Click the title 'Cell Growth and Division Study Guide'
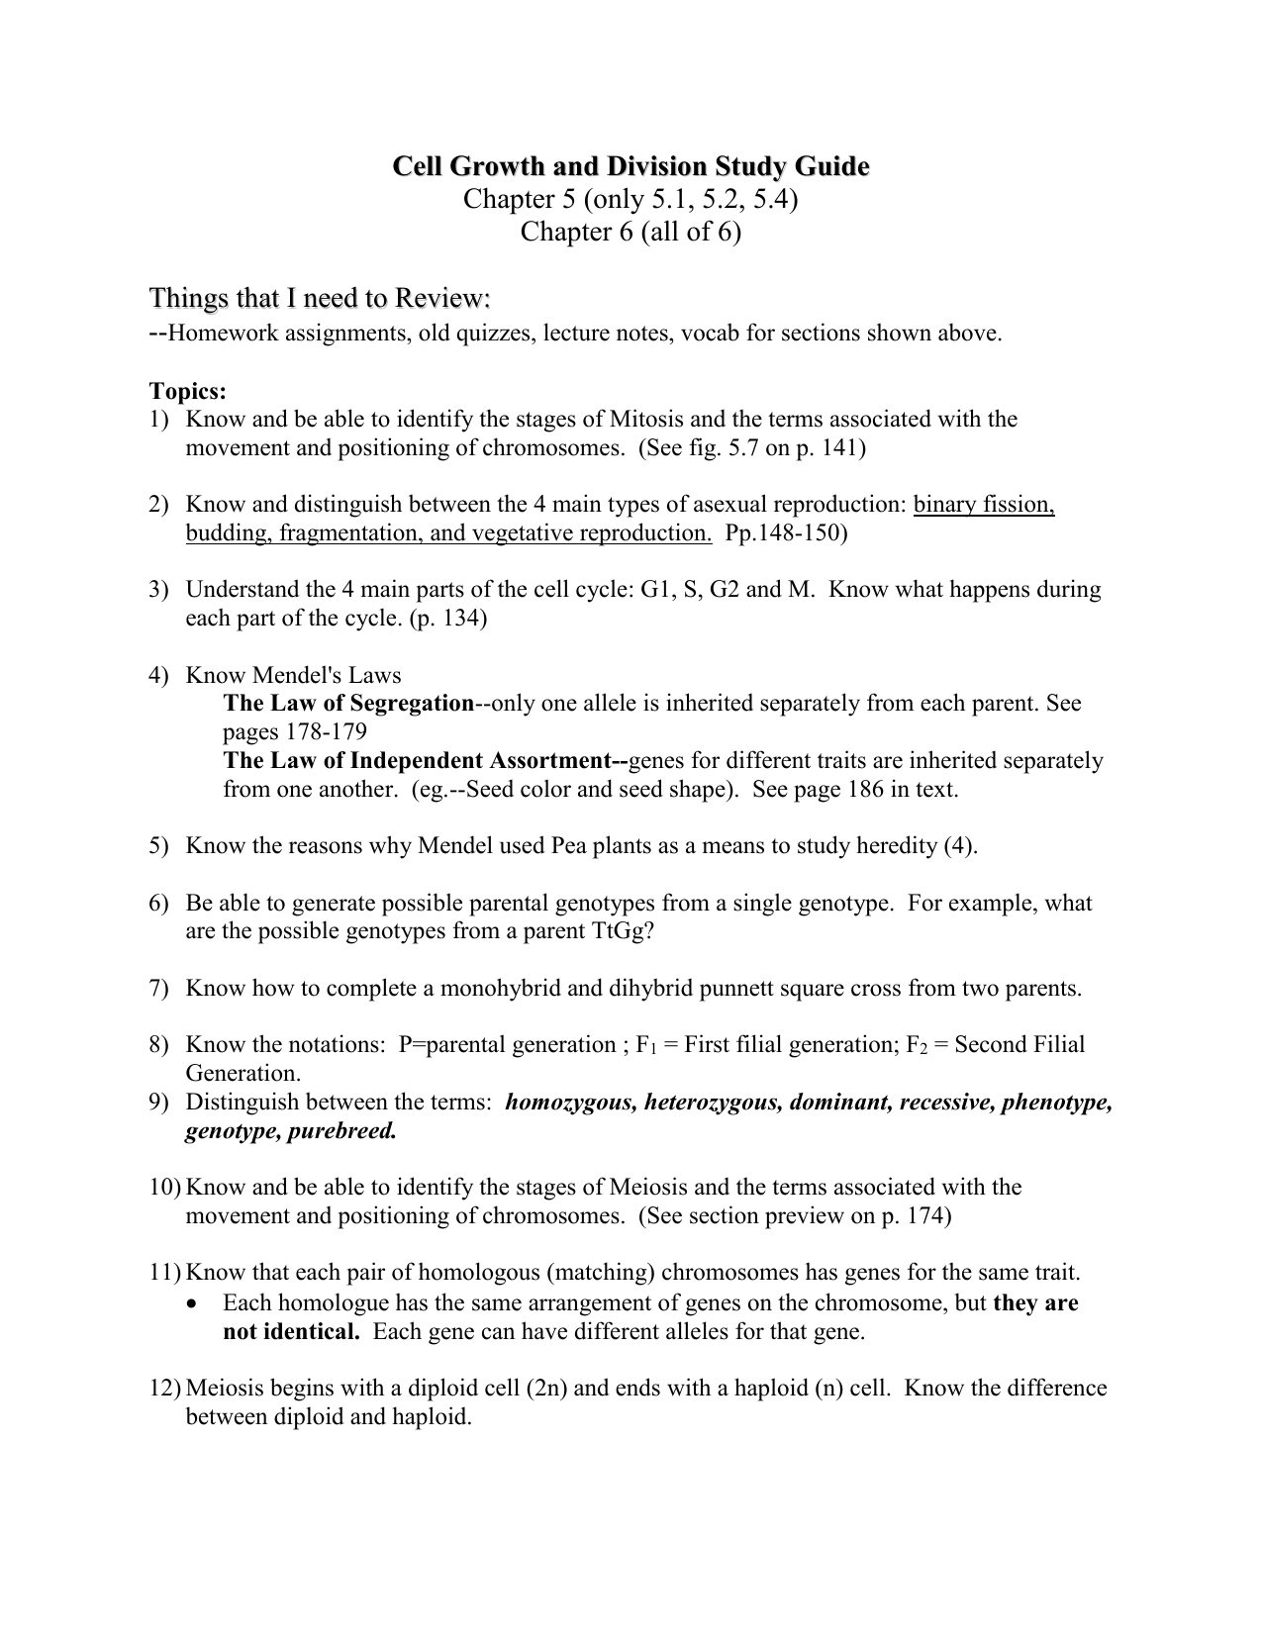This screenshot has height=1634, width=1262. (x=631, y=165)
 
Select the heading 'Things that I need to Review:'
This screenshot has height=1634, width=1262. (x=320, y=298)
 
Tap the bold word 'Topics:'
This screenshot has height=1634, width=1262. (x=188, y=391)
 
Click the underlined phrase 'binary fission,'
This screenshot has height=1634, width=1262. (x=984, y=505)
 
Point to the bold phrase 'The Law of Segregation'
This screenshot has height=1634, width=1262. (x=348, y=704)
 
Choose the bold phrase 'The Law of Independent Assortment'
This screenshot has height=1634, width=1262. (x=424, y=761)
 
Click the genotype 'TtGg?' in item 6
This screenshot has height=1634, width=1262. (x=623, y=931)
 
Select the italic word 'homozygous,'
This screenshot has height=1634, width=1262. (x=571, y=1103)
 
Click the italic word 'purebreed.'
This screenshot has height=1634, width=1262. (x=341, y=1131)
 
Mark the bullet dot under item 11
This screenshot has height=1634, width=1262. (x=192, y=1303)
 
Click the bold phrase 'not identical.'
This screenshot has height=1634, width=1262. (x=291, y=1332)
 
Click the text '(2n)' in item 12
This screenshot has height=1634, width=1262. (x=547, y=1389)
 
